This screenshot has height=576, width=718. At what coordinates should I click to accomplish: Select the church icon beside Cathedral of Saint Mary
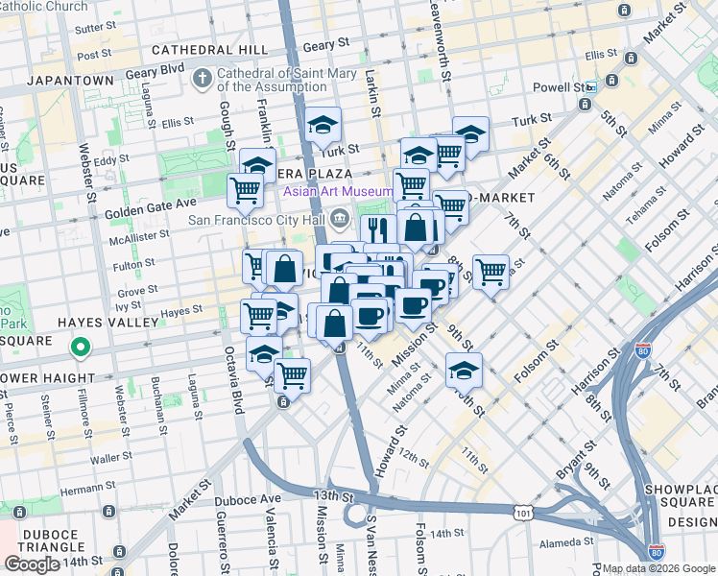tap(203, 76)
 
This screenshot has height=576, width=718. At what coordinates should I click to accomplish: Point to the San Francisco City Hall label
tap(256, 219)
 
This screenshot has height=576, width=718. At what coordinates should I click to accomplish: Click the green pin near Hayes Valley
tap(81, 348)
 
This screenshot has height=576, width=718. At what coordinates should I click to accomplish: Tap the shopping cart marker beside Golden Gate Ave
tap(245, 190)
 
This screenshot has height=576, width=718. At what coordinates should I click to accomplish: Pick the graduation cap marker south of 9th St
tap(464, 370)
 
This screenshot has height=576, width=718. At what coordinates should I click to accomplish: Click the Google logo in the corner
tap(32, 564)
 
